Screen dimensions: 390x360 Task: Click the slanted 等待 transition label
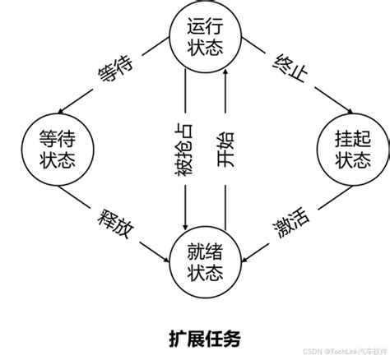(115, 69)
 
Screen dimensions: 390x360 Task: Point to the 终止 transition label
(290, 68)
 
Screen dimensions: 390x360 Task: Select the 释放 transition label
(115, 224)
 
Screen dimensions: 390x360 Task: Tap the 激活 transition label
(291, 224)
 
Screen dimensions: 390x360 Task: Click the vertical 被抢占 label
(184, 150)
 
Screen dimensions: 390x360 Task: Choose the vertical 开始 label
(225, 150)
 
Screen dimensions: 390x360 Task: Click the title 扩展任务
(205, 339)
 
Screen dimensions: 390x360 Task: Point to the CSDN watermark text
(346, 352)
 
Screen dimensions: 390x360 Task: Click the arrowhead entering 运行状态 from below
(225, 72)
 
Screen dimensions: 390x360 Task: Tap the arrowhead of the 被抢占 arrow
(185, 227)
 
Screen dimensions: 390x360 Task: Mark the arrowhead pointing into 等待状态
(61, 111)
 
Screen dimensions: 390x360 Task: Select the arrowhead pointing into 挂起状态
(350, 111)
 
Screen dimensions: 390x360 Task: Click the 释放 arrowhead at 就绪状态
(166, 260)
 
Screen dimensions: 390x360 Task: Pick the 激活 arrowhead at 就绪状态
(244, 260)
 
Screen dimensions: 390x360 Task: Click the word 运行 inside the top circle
(205, 26)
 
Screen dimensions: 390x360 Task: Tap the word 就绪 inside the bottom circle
(205, 252)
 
